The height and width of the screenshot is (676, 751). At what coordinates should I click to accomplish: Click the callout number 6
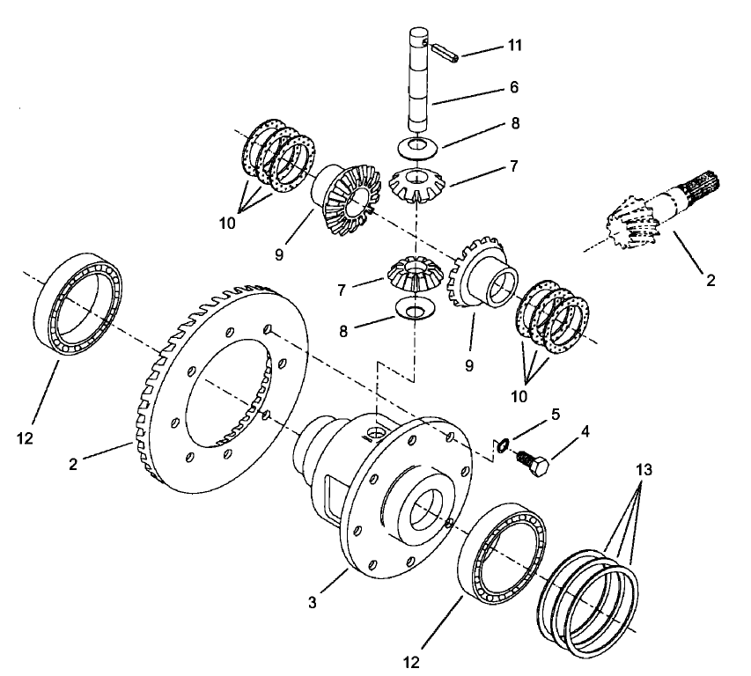pos(514,87)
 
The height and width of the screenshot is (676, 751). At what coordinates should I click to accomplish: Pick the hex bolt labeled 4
pos(532,463)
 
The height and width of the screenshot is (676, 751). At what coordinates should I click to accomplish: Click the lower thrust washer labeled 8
pos(411,309)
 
